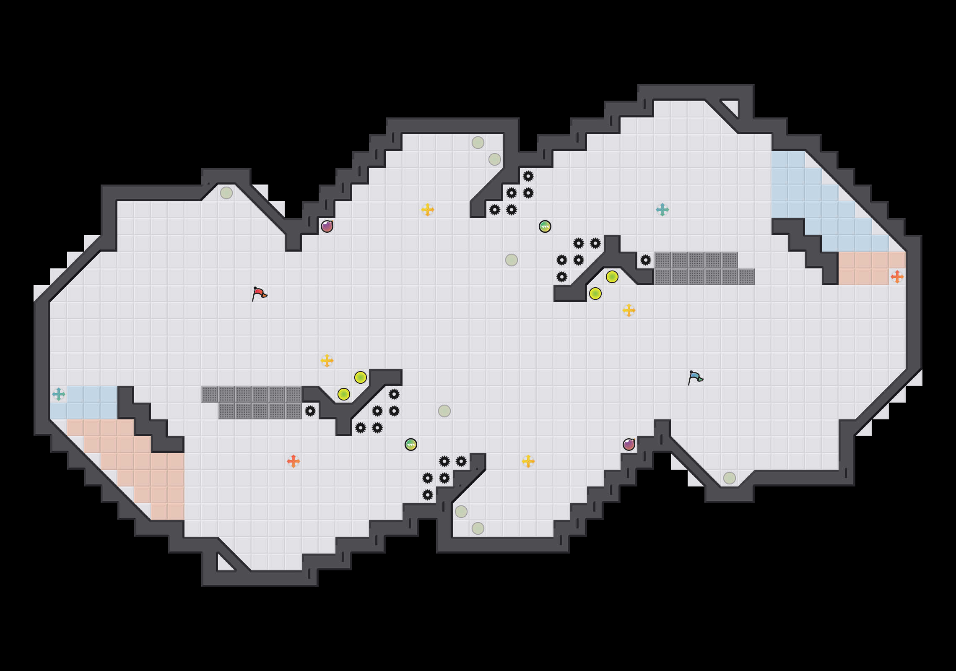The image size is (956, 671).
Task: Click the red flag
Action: (x=259, y=293)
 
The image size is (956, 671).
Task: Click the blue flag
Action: (x=695, y=377)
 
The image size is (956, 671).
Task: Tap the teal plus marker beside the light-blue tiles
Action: (x=59, y=394)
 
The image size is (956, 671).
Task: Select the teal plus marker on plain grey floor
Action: (x=662, y=210)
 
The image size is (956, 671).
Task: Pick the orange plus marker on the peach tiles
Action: (x=897, y=277)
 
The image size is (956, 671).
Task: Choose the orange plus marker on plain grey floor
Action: (x=294, y=461)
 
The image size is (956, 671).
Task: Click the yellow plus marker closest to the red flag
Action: (x=327, y=361)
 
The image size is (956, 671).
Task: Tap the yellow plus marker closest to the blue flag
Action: (x=629, y=310)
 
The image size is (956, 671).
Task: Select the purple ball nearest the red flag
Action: (x=327, y=226)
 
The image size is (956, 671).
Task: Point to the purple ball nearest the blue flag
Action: (x=629, y=445)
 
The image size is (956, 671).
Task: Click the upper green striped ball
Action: (x=545, y=226)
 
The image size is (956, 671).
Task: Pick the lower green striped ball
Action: (x=411, y=445)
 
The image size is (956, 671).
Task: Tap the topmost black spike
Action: (x=528, y=176)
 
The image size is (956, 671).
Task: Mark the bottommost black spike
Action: (x=428, y=495)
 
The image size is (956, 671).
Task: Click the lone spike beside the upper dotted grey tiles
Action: (x=646, y=260)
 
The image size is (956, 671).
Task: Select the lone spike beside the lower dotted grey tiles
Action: (x=310, y=411)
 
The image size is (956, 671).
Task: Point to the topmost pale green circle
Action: (x=478, y=143)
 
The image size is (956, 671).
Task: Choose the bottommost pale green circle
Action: (x=478, y=528)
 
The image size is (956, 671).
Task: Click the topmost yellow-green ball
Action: (x=612, y=277)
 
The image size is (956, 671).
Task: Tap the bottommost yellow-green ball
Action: (x=344, y=394)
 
